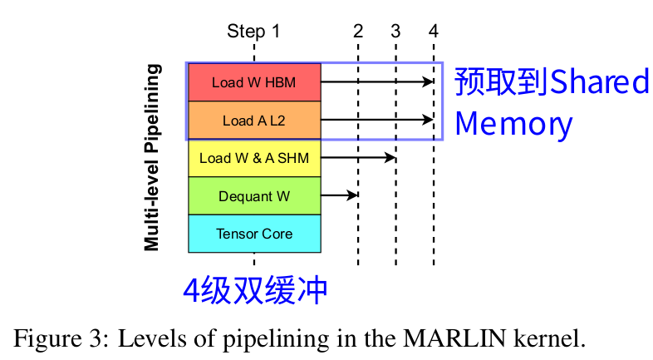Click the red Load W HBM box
coord(254,82)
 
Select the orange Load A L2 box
coord(254,121)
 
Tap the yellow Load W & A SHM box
coord(254,158)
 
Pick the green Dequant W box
coord(254,196)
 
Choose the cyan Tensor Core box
coord(254,234)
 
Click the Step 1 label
coord(253,32)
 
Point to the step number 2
coord(358,32)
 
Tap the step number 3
coord(395,32)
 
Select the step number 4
coord(434,32)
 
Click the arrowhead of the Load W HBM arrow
coord(429,81)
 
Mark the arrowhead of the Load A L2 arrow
coord(429,120)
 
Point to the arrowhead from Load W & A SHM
coord(390,157)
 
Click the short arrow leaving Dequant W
coord(339,195)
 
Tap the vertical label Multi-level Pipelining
coord(151,158)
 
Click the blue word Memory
coord(513,124)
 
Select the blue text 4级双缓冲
coord(255,289)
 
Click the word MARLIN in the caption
coord(449,338)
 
